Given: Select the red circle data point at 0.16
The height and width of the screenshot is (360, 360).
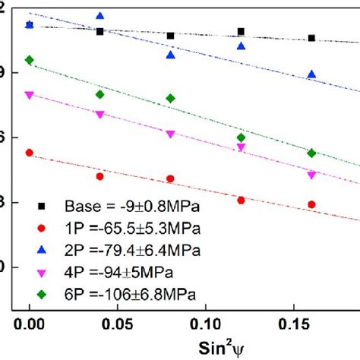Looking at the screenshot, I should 311,204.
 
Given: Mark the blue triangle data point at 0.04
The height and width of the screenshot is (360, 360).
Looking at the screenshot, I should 100,16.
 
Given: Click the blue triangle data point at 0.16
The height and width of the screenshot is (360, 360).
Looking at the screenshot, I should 311,74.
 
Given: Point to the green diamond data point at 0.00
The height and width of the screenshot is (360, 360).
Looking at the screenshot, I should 29,60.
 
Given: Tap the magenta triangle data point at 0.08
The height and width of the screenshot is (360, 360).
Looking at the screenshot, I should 170,134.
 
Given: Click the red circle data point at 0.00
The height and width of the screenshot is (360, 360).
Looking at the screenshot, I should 29,153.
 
